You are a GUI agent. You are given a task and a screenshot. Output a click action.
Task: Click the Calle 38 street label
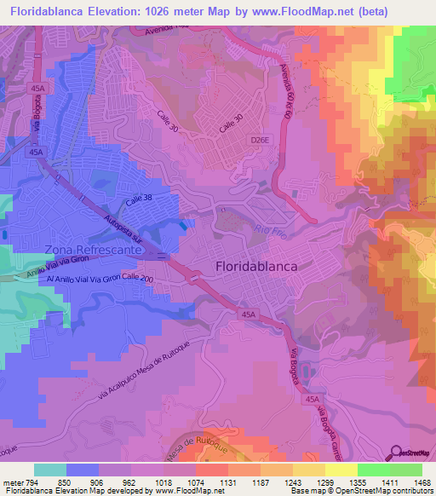[140, 201]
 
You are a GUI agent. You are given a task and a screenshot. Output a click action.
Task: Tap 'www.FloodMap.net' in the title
[289, 11]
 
